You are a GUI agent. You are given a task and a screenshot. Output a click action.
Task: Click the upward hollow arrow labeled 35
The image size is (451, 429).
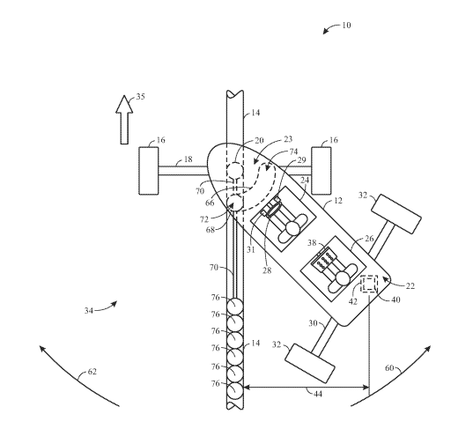tap(124, 120)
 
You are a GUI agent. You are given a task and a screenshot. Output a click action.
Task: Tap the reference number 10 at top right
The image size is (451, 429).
tap(346, 26)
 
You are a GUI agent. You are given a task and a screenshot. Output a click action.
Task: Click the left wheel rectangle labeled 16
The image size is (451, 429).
tap(149, 171)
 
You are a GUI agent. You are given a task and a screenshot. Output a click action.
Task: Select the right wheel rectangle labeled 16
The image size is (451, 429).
tap(322, 171)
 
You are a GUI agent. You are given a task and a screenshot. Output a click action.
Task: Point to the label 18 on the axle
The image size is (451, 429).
tap(188, 159)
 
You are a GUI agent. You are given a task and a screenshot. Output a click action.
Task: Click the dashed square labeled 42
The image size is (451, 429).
tap(369, 284)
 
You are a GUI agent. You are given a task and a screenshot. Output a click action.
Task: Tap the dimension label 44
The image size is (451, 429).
tap(318, 394)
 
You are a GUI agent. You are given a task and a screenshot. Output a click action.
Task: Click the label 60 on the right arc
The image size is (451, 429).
tap(389, 368)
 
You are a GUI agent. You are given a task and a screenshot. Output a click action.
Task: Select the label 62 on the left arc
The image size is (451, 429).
tap(92, 372)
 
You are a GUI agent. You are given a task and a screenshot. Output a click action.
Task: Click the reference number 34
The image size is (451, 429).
tap(89, 311)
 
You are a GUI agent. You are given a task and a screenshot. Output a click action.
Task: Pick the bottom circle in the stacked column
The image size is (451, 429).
tap(235, 391)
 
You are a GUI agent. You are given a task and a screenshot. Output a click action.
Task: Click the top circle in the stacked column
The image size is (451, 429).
tap(235, 307)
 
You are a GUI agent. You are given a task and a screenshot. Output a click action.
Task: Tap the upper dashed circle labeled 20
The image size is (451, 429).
tap(235, 170)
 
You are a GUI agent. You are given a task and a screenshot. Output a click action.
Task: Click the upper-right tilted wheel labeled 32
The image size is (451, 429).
tap(396, 214)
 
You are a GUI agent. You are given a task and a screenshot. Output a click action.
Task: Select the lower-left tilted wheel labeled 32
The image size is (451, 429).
tap(310, 363)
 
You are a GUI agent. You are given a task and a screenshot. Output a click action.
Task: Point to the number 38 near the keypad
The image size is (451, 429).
tap(312, 243)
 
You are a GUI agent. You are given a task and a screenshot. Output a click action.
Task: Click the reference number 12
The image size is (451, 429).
tap(338, 201)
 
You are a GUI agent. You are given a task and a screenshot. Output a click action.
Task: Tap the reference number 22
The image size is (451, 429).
tap(410, 285)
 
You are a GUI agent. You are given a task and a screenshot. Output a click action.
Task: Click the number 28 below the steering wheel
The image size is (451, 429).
tap(267, 270)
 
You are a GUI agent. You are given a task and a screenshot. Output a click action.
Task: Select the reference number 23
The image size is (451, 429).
tap(288, 139)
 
